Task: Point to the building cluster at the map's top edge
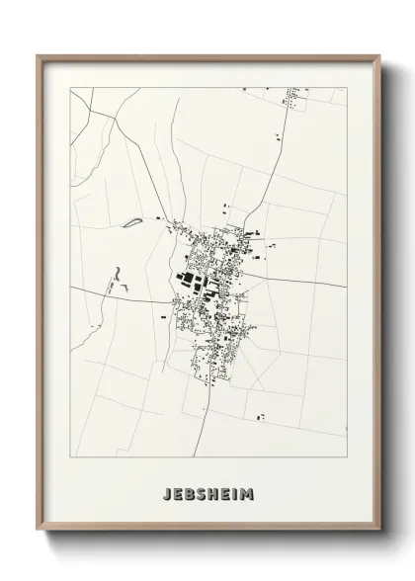click(x=293, y=97)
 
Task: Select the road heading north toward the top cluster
click(x=273, y=168)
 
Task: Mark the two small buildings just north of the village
click(x=227, y=209)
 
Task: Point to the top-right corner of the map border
click(x=347, y=88)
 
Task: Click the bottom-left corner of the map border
click(x=70, y=456)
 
